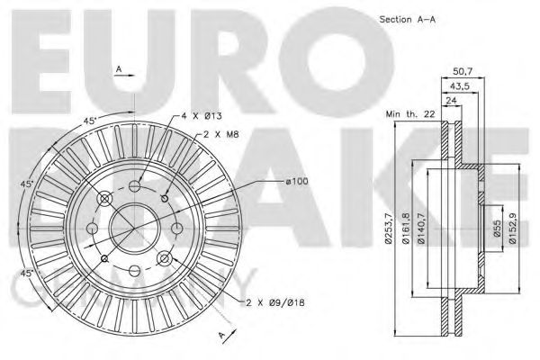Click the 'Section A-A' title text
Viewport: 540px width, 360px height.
click(407, 20)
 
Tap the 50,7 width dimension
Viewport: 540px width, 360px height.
click(463, 71)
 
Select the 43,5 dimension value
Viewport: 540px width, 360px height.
click(460, 86)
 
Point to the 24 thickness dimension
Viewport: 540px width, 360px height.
click(451, 101)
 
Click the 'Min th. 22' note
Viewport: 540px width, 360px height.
click(410, 114)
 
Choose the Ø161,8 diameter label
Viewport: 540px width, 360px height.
click(406, 229)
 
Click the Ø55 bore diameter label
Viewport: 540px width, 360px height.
click(497, 228)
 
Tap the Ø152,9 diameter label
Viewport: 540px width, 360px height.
click(513, 229)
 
